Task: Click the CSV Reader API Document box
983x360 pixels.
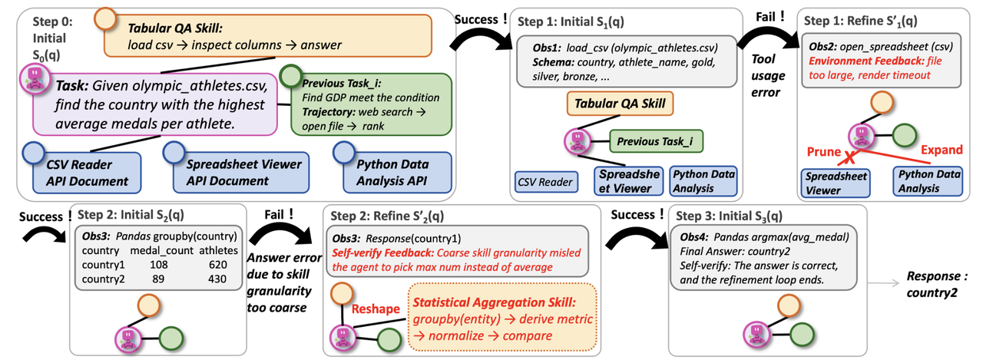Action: (x=87, y=173)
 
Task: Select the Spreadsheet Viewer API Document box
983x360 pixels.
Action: (x=241, y=173)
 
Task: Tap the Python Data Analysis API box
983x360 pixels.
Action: (x=397, y=173)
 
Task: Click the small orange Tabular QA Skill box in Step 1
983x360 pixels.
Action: (x=620, y=104)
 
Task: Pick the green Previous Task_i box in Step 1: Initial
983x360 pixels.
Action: (x=656, y=141)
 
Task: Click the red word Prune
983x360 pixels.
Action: (x=824, y=152)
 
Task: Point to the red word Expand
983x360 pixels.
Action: (x=942, y=150)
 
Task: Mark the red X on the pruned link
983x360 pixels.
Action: (x=850, y=157)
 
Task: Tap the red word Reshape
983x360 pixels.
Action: (x=376, y=309)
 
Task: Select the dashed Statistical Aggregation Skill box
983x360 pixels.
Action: (x=502, y=318)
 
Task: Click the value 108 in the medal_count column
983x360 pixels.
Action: (x=158, y=265)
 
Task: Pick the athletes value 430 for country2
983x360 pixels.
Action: (x=217, y=279)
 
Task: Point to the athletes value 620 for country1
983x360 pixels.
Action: (x=217, y=265)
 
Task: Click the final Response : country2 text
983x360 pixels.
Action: (x=937, y=284)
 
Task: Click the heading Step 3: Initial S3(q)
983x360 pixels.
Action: (x=729, y=216)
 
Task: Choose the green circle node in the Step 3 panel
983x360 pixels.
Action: (x=802, y=335)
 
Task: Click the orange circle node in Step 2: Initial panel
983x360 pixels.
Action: (x=149, y=306)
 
